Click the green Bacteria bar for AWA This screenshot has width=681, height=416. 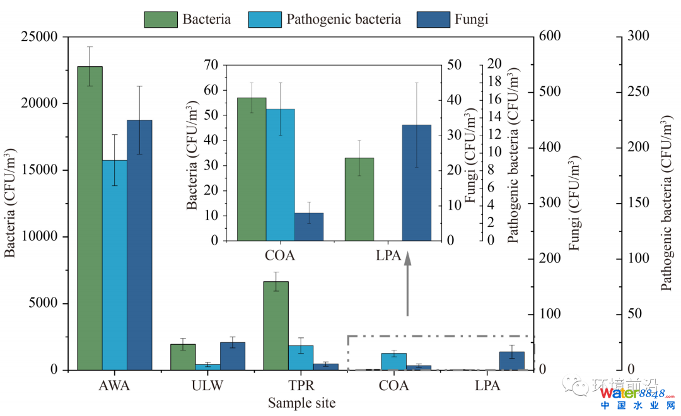(90, 218)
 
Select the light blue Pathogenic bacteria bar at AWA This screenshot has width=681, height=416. (115, 265)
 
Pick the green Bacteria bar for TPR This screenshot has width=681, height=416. (276, 325)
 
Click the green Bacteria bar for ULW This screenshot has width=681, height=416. (183, 357)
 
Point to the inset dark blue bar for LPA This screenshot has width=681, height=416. (417, 183)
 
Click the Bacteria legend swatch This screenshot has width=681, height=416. (161, 19)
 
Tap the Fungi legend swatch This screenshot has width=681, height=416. (433, 19)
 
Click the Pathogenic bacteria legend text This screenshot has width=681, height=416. (344, 19)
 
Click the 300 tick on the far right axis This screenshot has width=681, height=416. (638, 37)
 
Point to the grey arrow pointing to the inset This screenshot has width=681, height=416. (407, 284)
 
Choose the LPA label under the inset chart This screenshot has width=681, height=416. (388, 256)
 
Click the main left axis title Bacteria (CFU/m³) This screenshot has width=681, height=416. (11, 203)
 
